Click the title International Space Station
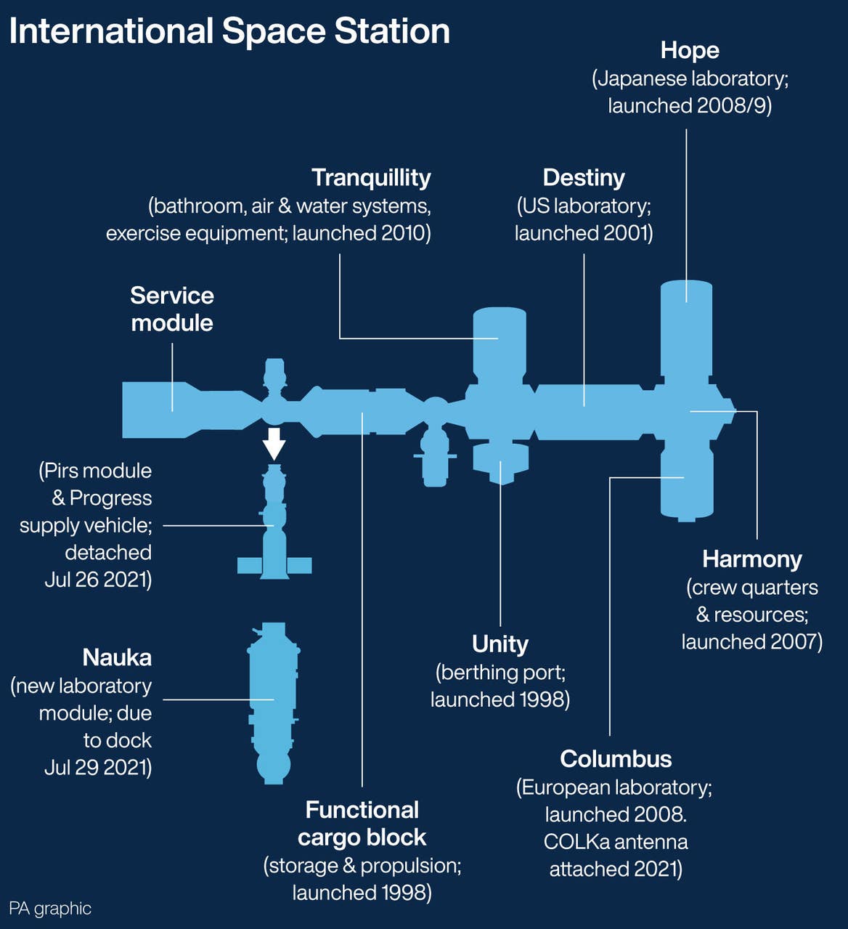[229, 31]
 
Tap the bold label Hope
[690, 50]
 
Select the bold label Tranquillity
[371, 177]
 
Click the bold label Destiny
[584, 177]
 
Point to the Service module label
[172, 309]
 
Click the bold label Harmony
[752, 559]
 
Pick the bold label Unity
[500, 644]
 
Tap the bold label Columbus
[616, 759]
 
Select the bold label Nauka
[117, 657]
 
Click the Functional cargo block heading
[362, 824]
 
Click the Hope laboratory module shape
[686, 327]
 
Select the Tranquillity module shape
[500, 341]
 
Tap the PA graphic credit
[50, 909]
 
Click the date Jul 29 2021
[98, 768]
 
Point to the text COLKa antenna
[616, 842]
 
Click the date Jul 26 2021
[98, 580]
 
